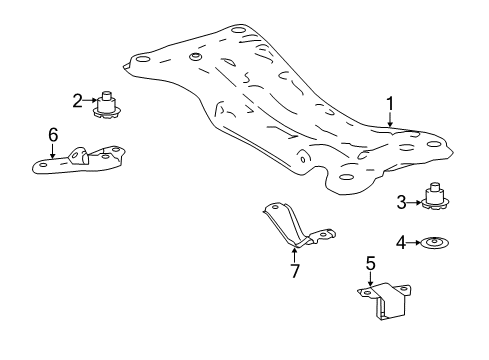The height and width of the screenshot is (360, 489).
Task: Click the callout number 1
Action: [x=391, y=101]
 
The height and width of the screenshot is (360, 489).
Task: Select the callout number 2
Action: [x=77, y=99]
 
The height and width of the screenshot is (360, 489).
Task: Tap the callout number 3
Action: [x=401, y=202]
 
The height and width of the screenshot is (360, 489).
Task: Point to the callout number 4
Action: [x=401, y=241]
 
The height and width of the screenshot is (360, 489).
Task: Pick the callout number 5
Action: [x=369, y=264]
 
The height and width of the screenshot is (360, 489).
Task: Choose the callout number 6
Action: [x=53, y=133]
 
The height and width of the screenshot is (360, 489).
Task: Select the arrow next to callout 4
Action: [x=415, y=241]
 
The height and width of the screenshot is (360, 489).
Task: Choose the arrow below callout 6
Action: [x=53, y=149]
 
